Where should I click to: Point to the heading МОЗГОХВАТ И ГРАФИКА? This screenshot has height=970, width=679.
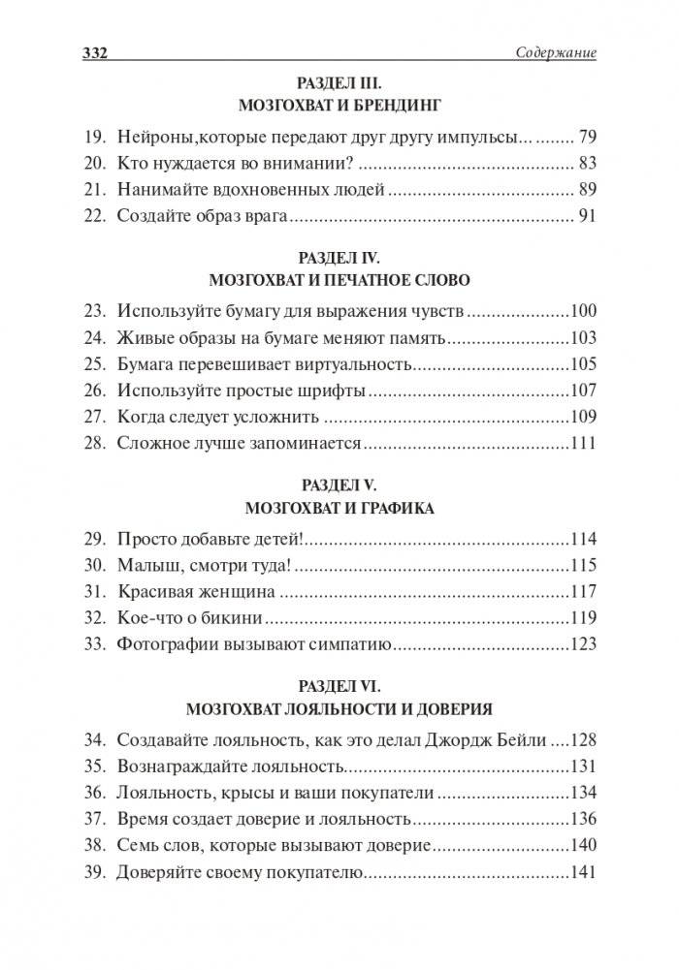point(339,507)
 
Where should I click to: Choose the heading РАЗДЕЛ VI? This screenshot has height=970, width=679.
point(339,685)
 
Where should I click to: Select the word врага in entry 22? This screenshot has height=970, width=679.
point(261,216)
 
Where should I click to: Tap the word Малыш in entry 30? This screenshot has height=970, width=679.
point(145,565)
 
